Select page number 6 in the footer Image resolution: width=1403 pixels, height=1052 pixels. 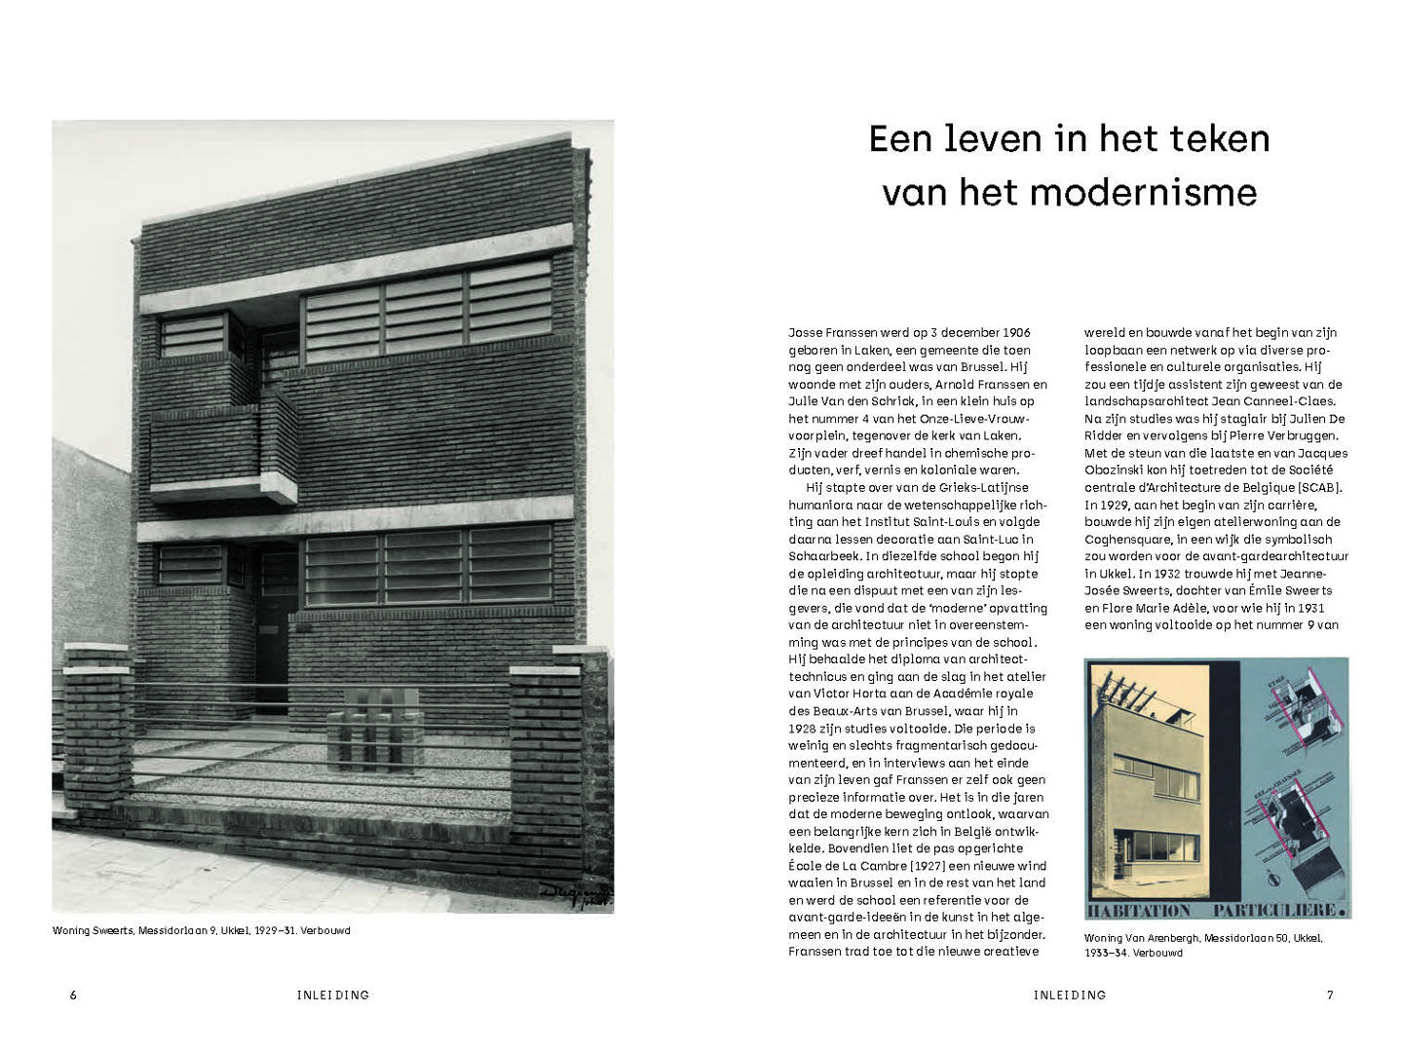tap(73, 995)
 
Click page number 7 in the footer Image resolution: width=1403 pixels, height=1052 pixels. tap(1330, 995)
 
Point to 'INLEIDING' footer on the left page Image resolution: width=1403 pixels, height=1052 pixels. tap(333, 995)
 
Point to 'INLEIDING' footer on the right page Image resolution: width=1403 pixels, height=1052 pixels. tap(1070, 995)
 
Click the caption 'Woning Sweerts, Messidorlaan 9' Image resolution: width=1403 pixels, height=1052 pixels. tap(201, 930)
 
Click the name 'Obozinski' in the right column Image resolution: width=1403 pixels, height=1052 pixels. tap(1117, 470)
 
